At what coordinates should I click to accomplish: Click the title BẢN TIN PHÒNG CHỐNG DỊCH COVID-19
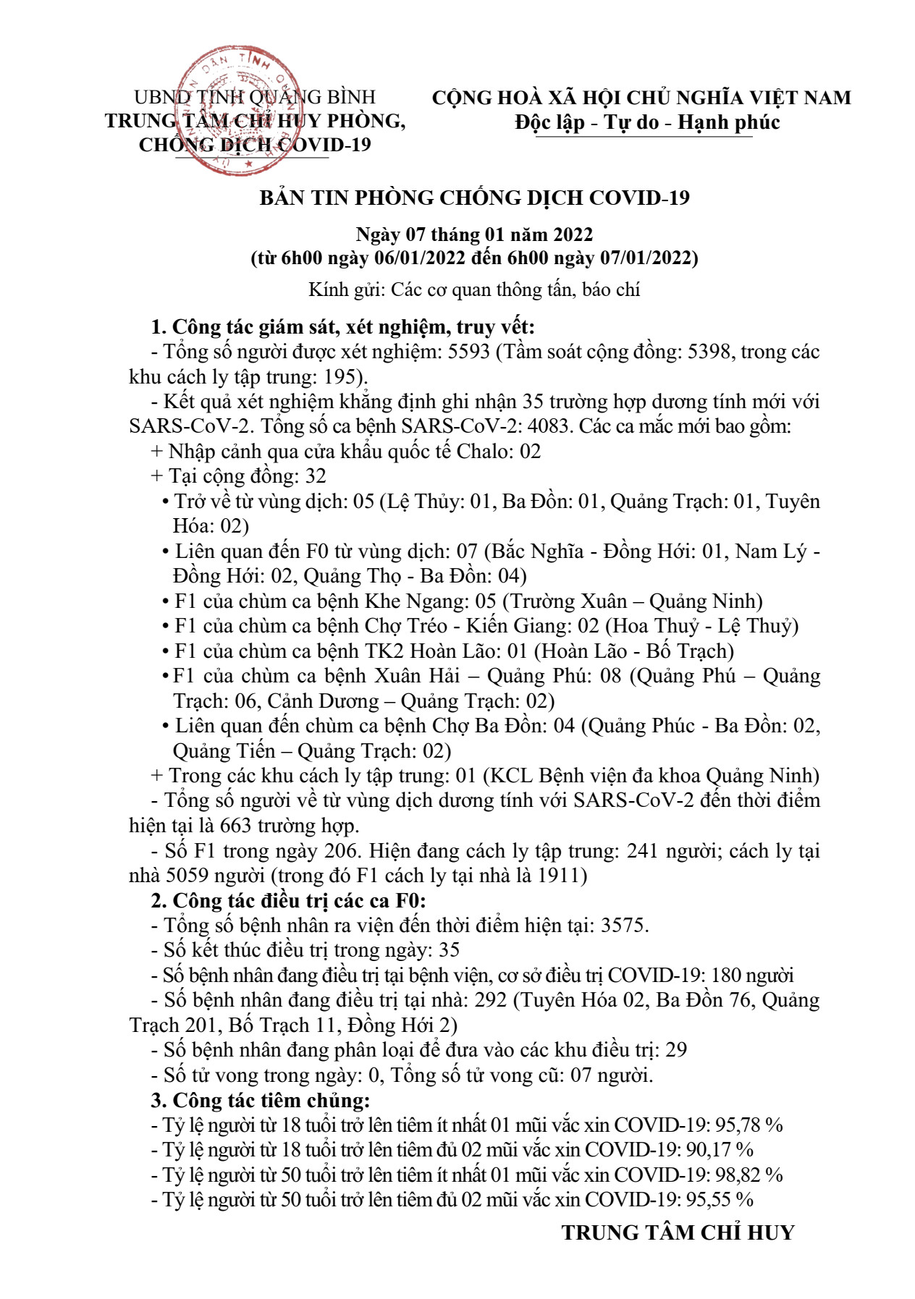(474, 198)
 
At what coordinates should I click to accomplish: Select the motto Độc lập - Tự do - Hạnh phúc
(647, 122)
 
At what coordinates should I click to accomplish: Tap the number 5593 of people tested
(469, 352)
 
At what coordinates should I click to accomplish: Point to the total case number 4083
(549, 426)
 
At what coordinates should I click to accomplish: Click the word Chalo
(483, 451)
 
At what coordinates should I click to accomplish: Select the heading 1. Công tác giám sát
(342, 327)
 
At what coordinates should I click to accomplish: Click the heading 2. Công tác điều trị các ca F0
(288, 900)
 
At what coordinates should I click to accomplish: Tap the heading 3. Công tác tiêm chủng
(261, 1100)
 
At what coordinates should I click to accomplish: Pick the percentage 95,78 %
(749, 1125)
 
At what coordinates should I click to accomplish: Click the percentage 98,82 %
(749, 1175)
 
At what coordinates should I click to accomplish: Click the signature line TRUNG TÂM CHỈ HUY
(678, 1232)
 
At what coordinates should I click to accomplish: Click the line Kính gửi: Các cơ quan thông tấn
(474, 290)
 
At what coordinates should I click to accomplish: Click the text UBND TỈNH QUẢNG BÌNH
(255, 97)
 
